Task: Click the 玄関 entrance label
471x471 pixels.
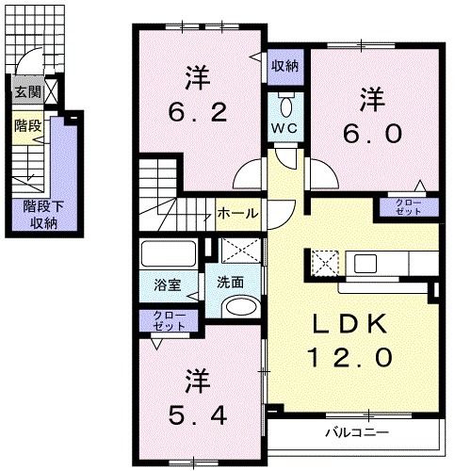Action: [25, 91]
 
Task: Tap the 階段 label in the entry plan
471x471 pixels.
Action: [25, 124]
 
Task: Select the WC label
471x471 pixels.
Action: [285, 127]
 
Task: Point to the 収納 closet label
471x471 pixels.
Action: [286, 66]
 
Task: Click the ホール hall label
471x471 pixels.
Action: [237, 213]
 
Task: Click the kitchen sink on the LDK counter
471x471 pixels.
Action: [365, 263]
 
